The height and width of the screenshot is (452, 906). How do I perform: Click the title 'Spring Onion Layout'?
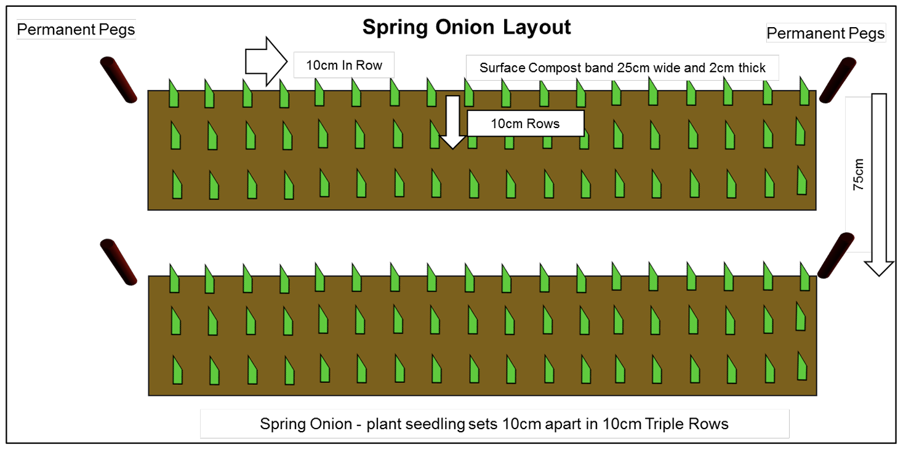point(467,28)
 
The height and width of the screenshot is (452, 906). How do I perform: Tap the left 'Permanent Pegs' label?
point(76,30)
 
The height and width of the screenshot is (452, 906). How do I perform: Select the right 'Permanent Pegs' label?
point(825,33)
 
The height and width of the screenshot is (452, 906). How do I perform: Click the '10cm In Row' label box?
point(344,65)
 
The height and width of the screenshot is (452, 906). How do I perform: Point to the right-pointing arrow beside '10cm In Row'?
point(266,62)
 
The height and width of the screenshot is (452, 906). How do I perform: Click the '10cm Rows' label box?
point(526,123)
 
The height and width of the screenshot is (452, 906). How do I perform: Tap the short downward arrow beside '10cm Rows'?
point(452,122)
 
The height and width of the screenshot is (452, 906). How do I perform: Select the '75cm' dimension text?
point(857,174)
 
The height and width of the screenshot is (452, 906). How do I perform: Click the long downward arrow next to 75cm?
point(879,185)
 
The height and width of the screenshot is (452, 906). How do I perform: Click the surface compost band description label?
point(622,68)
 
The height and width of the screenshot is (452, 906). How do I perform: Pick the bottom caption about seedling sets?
point(494,424)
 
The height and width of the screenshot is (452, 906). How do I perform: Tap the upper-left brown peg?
point(119,79)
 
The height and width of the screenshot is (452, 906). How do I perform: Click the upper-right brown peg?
point(838,79)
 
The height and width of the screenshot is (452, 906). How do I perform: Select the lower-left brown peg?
point(119,262)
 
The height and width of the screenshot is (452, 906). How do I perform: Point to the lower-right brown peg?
point(836,256)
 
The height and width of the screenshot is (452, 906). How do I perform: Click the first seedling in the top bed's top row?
point(174,94)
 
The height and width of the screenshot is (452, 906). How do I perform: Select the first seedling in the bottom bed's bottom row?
point(177,370)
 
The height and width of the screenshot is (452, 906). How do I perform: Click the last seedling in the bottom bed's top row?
point(805,276)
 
